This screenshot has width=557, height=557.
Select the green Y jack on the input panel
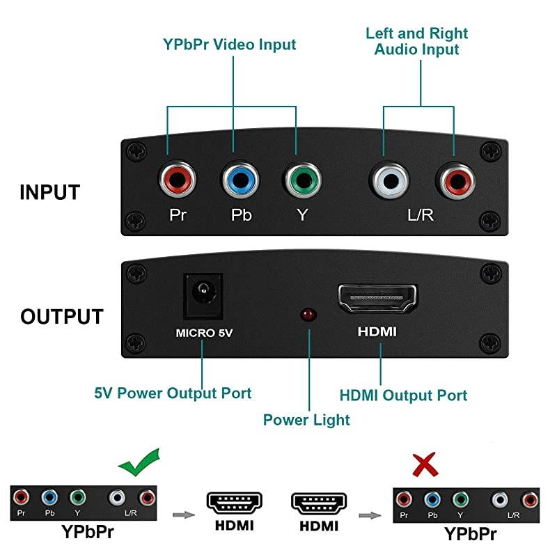click(x=301, y=181)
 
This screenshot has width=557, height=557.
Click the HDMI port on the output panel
click(x=377, y=298)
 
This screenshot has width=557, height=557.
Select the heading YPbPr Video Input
click(x=230, y=45)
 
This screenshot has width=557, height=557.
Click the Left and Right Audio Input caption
click(x=417, y=41)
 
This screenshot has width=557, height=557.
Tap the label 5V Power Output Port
click(x=173, y=393)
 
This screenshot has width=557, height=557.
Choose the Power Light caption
click(x=306, y=419)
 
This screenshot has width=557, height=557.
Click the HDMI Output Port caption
click(x=403, y=395)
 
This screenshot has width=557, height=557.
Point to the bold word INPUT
click(x=50, y=192)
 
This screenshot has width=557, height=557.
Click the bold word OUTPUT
click(x=61, y=316)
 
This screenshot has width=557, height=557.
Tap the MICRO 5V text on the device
click(x=203, y=332)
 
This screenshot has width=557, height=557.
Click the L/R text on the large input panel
click(x=421, y=214)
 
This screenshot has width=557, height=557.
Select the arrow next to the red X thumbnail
click(x=370, y=516)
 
